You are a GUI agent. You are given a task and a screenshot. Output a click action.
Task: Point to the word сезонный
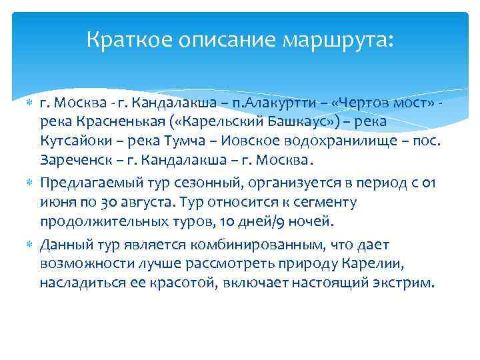pyautogui.click(x=190, y=183)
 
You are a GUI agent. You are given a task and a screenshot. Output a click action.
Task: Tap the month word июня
pyautogui.click(x=57, y=201)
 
